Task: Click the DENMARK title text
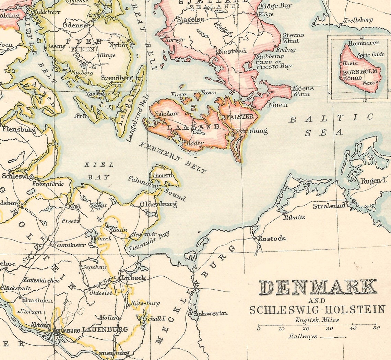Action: click(318, 288)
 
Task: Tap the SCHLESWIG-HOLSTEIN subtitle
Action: click(317, 310)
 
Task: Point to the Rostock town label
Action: click(272, 239)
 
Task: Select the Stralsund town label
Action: click(329, 206)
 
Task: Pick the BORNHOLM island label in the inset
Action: click(357, 71)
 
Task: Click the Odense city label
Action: click(75, 25)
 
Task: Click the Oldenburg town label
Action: click(158, 205)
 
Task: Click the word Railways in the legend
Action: click(303, 337)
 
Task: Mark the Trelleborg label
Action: click(358, 20)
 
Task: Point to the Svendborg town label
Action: click(117, 78)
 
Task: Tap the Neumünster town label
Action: click(68, 245)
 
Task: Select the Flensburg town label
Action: click(19, 129)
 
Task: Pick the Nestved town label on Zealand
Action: click(233, 51)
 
